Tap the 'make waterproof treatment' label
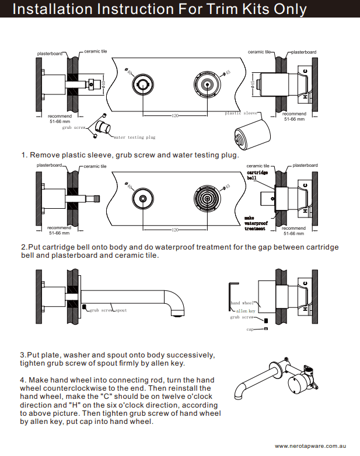(256, 223)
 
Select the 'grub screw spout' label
(108, 310)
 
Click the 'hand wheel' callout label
(243, 303)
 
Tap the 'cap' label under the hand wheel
(250, 329)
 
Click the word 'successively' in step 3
(190, 355)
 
